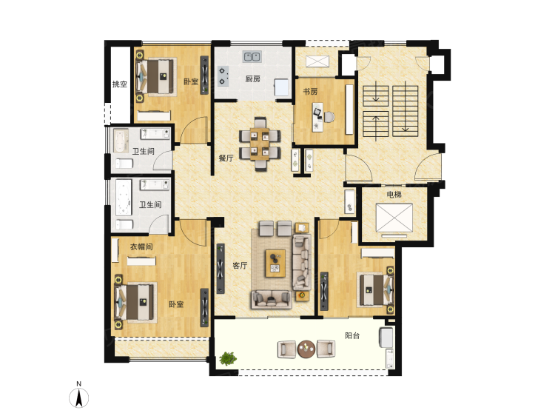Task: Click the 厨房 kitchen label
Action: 253,79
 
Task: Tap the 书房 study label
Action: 310,92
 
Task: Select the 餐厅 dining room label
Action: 226,158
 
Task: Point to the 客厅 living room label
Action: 240,265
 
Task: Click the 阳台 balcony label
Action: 352,335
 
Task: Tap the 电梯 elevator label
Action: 394,195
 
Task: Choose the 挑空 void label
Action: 120,84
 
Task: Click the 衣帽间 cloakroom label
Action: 141,246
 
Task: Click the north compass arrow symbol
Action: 79,397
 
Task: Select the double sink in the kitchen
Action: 252,56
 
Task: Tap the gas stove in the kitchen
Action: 222,76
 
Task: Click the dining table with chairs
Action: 260,144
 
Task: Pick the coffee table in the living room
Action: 276,264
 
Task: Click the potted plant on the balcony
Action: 228,358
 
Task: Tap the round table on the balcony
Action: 306,349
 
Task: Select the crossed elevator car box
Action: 394,218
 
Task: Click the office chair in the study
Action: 329,117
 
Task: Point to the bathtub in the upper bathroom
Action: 121,141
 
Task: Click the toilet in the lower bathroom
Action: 124,224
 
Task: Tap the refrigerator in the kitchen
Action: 282,87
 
